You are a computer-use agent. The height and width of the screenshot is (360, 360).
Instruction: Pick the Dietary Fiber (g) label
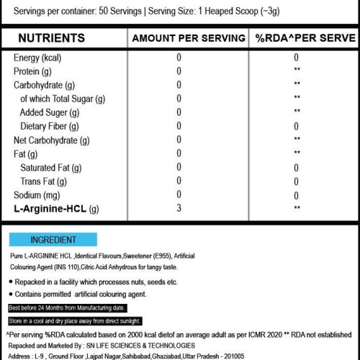[x=54, y=126]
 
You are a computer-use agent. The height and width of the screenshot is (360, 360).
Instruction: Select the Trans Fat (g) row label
[x=46, y=181]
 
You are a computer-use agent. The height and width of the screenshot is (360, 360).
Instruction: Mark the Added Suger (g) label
[x=50, y=112]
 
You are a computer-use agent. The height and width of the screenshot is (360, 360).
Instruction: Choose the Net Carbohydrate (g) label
[x=51, y=140]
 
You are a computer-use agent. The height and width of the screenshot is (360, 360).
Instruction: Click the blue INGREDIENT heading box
[x=54, y=240]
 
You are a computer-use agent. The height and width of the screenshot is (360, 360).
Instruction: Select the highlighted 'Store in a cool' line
[x=76, y=320]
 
